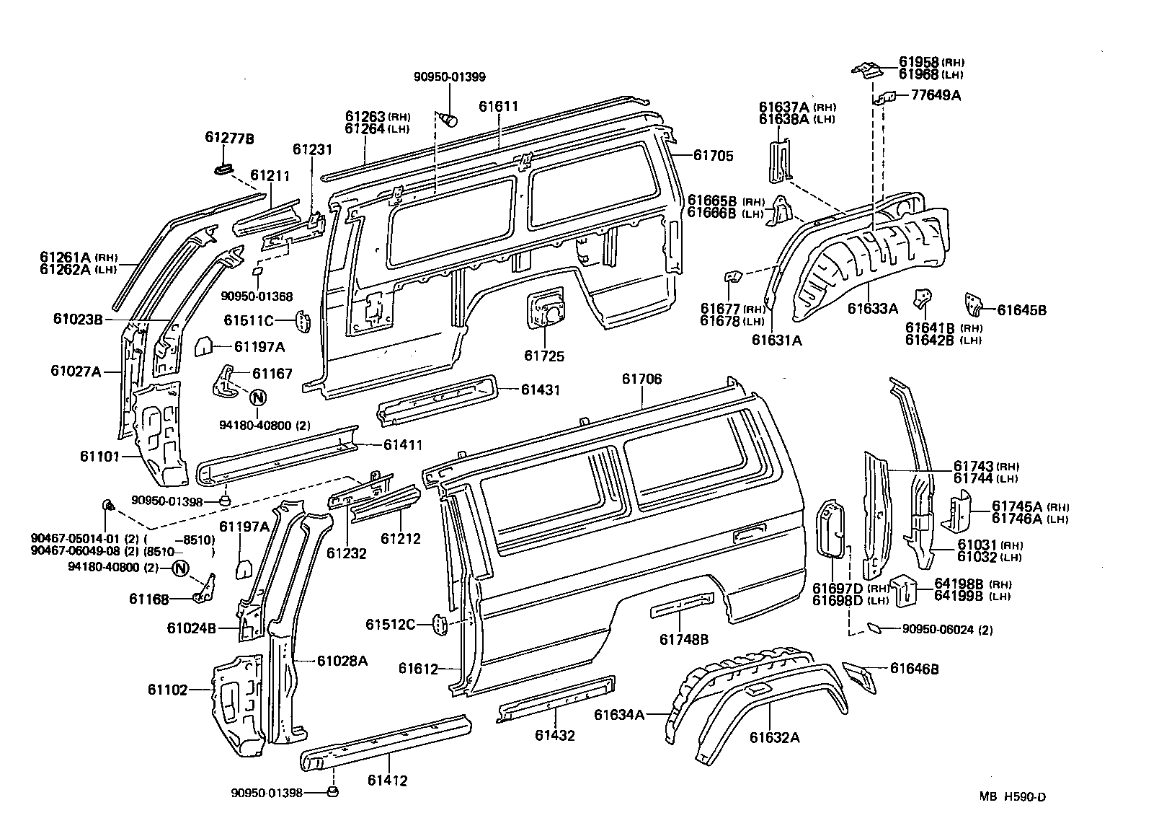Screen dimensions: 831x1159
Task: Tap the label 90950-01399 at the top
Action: click(449, 77)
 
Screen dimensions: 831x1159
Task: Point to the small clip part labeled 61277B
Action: click(223, 170)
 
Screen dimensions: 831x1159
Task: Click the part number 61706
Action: click(641, 379)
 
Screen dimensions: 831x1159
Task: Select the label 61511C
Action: click(249, 320)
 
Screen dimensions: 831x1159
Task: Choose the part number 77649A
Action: click(936, 94)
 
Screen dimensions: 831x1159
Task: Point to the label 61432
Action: click(554, 736)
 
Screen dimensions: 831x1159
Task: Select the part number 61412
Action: click(387, 781)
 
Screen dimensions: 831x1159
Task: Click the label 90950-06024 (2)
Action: click(947, 630)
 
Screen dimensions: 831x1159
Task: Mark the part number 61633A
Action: click(872, 309)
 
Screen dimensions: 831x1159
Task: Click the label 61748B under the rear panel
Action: click(684, 639)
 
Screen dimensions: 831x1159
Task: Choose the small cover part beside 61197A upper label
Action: click(203, 346)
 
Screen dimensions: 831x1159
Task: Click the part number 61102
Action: click(168, 690)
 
